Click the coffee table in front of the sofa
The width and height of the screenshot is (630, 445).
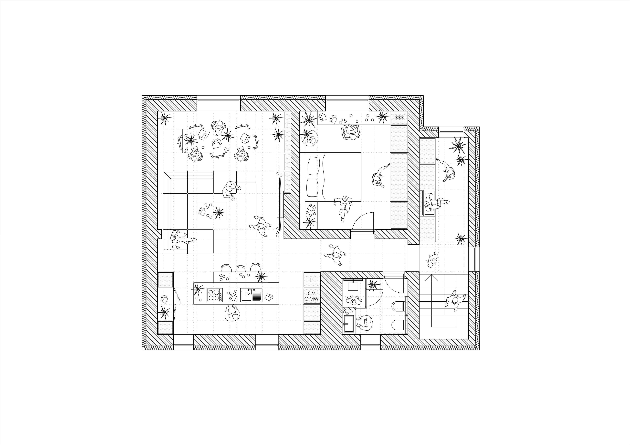[x=211, y=211]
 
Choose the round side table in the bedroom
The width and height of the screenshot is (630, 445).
[x=310, y=137]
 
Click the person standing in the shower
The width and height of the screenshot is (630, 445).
[x=354, y=300]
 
